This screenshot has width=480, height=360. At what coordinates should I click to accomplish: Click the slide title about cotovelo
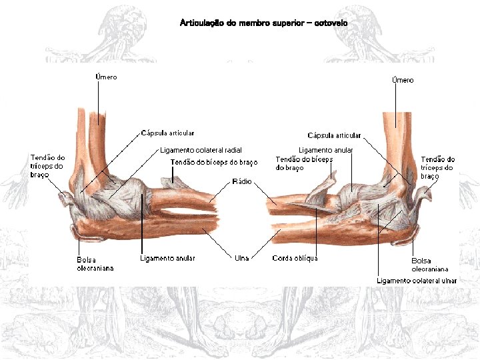coord(263,23)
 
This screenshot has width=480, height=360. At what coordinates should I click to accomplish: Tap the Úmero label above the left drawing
coord(106,77)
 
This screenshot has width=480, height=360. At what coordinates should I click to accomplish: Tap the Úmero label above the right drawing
coord(403,80)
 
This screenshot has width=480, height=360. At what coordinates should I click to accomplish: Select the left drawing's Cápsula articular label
coord(168,133)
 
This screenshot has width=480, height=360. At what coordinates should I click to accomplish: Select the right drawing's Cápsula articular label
coord(334,136)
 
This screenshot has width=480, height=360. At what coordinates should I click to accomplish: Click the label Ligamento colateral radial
coord(201,150)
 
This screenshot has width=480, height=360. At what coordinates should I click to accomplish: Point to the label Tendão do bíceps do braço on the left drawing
coord(214,162)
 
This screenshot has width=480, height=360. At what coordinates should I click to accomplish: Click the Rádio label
coord(241,181)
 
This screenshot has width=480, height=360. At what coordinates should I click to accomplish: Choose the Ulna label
coord(241,258)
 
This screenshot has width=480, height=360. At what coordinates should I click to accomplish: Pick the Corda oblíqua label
coord(295,258)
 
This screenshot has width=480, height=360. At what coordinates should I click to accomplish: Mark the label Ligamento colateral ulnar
coord(417,281)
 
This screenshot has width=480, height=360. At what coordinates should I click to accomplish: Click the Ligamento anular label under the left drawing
coord(167,258)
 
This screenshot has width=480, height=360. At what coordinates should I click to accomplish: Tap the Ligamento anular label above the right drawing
coord(325,150)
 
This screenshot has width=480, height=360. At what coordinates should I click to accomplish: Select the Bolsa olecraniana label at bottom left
coord(95,264)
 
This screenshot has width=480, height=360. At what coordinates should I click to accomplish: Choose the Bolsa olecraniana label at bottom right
coord(430,265)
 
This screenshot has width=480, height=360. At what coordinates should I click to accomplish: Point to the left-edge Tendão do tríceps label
coord(47,166)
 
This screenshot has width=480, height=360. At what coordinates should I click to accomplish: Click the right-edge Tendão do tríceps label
coord(438,167)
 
